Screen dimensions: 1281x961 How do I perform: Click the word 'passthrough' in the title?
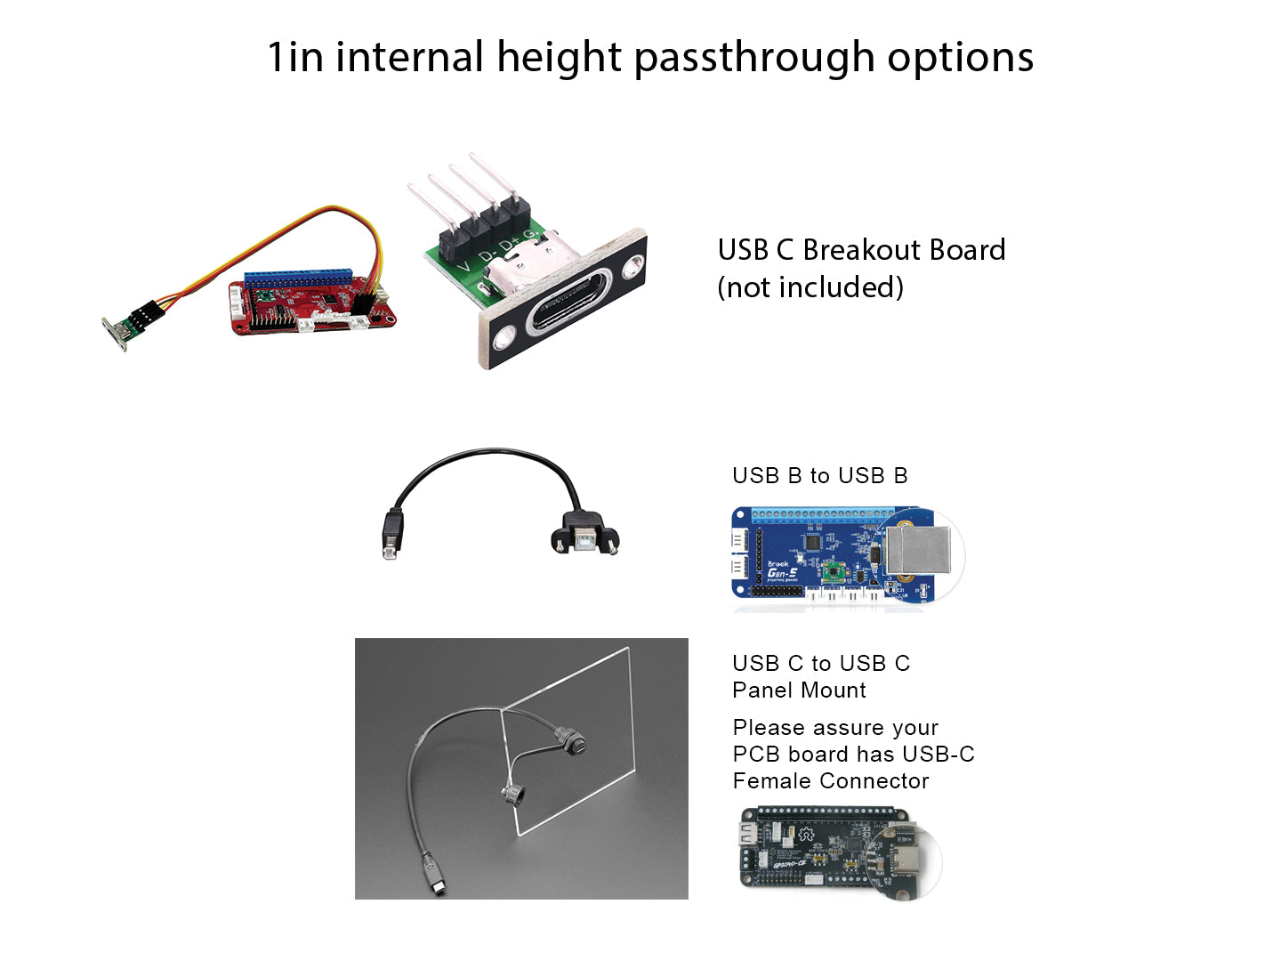[x=754, y=58]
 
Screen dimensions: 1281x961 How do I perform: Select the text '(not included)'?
[x=810, y=287]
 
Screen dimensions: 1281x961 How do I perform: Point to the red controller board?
[x=312, y=304]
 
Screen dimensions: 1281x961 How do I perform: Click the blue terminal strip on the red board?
[x=298, y=278]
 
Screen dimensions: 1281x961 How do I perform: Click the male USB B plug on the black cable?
[x=392, y=534]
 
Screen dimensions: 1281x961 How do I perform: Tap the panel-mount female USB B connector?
[x=584, y=533]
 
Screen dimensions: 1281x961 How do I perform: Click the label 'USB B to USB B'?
[x=819, y=475]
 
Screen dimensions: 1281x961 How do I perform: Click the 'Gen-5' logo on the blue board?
[x=782, y=574]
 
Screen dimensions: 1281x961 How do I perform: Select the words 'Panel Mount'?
[x=799, y=690]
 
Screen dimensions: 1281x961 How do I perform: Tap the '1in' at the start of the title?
[x=295, y=58]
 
